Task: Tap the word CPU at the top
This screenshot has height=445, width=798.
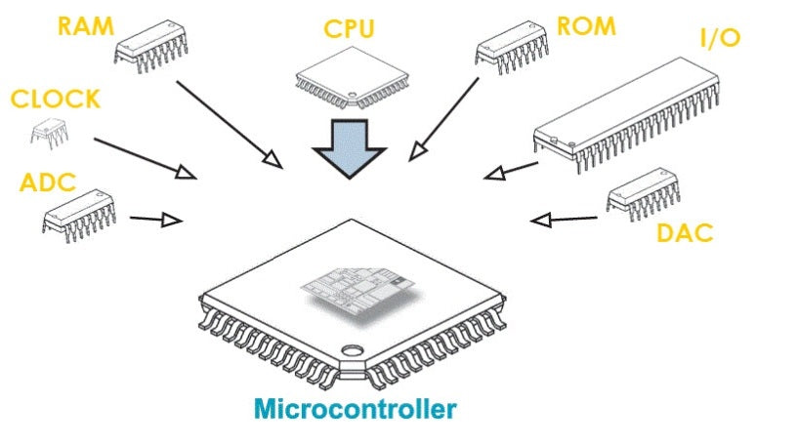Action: (x=349, y=29)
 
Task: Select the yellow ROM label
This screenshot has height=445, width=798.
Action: (x=586, y=25)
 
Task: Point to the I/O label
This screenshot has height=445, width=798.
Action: (x=720, y=38)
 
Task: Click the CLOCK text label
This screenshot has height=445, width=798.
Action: (x=55, y=99)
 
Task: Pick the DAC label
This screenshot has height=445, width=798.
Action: (x=685, y=232)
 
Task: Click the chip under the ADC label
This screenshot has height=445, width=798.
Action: (x=79, y=210)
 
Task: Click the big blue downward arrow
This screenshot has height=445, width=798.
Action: (x=349, y=146)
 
